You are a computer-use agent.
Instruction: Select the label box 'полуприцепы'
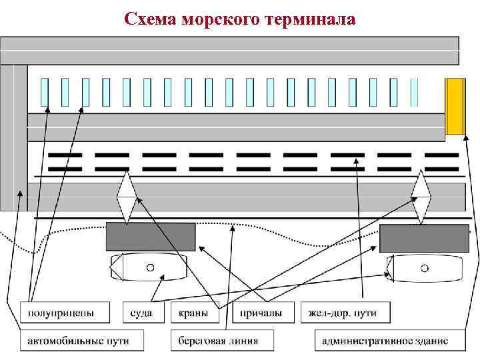tap(61, 312)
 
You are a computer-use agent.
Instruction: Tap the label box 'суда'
tap(141, 312)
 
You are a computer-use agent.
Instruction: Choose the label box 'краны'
tap(195, 312)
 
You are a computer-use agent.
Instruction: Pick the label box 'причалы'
tap(261, 312)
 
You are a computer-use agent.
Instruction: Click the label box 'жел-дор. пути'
tap(343, 312)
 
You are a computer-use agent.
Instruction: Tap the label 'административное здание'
tap(385, 341)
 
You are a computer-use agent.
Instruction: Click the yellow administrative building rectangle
tap(455, 106)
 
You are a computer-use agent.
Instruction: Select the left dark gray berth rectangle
tap(151, 237)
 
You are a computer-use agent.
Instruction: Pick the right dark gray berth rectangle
tap(424, 238)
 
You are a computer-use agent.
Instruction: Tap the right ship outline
tap(427, 268)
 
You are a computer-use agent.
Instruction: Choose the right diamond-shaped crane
tap(421, 197)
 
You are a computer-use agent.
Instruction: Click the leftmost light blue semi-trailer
tap(45, 93)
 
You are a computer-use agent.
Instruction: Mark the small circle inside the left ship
tap(150, 267)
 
